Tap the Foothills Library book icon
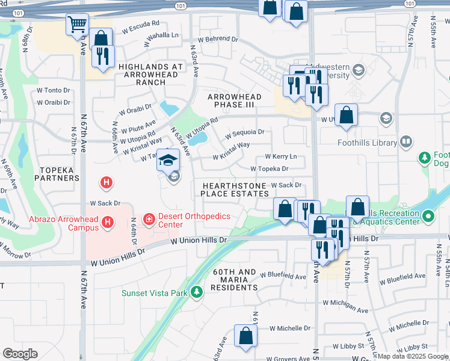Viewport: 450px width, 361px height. coord(406,143)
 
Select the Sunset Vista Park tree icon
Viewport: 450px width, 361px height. coord(196,293)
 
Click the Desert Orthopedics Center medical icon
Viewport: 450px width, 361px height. coord(148,217)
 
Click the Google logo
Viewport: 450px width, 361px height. coord(20,353)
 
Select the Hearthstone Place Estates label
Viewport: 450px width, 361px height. coord(235,190)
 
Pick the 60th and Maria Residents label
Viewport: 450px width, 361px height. coord(234,280)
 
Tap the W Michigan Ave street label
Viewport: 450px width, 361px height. coord(345,306)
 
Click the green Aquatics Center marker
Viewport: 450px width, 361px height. coord(428,215)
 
